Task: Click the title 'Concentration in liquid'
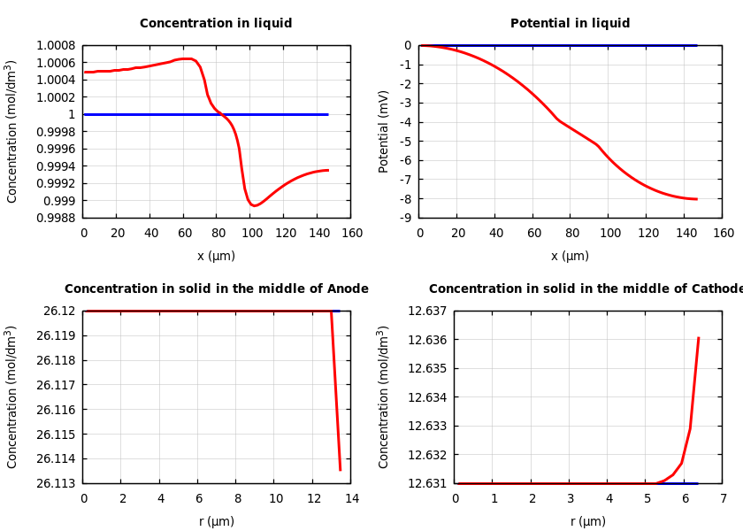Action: (216, 24)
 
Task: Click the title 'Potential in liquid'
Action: (570, 24)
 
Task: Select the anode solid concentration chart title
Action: (216, 289)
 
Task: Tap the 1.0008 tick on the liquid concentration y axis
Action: (55, 46)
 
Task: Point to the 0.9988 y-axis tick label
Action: (55, 218)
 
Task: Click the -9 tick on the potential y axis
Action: (404, 218)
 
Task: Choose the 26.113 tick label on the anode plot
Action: (55, 483)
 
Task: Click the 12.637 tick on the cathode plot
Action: (426, 312)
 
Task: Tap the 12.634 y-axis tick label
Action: (426, 397)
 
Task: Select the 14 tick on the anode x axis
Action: (351, 498)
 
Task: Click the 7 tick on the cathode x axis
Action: (723, 498)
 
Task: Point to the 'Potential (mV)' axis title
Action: (384, 131)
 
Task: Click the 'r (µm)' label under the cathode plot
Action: (587, 521)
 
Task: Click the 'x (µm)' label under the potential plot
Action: (570, 256)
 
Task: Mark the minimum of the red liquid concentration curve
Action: (254, 205)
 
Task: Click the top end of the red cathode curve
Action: (698, 337)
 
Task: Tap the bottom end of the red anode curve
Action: (340, 470)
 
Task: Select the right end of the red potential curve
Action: (696, 199)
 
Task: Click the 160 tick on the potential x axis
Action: (723, 233)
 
